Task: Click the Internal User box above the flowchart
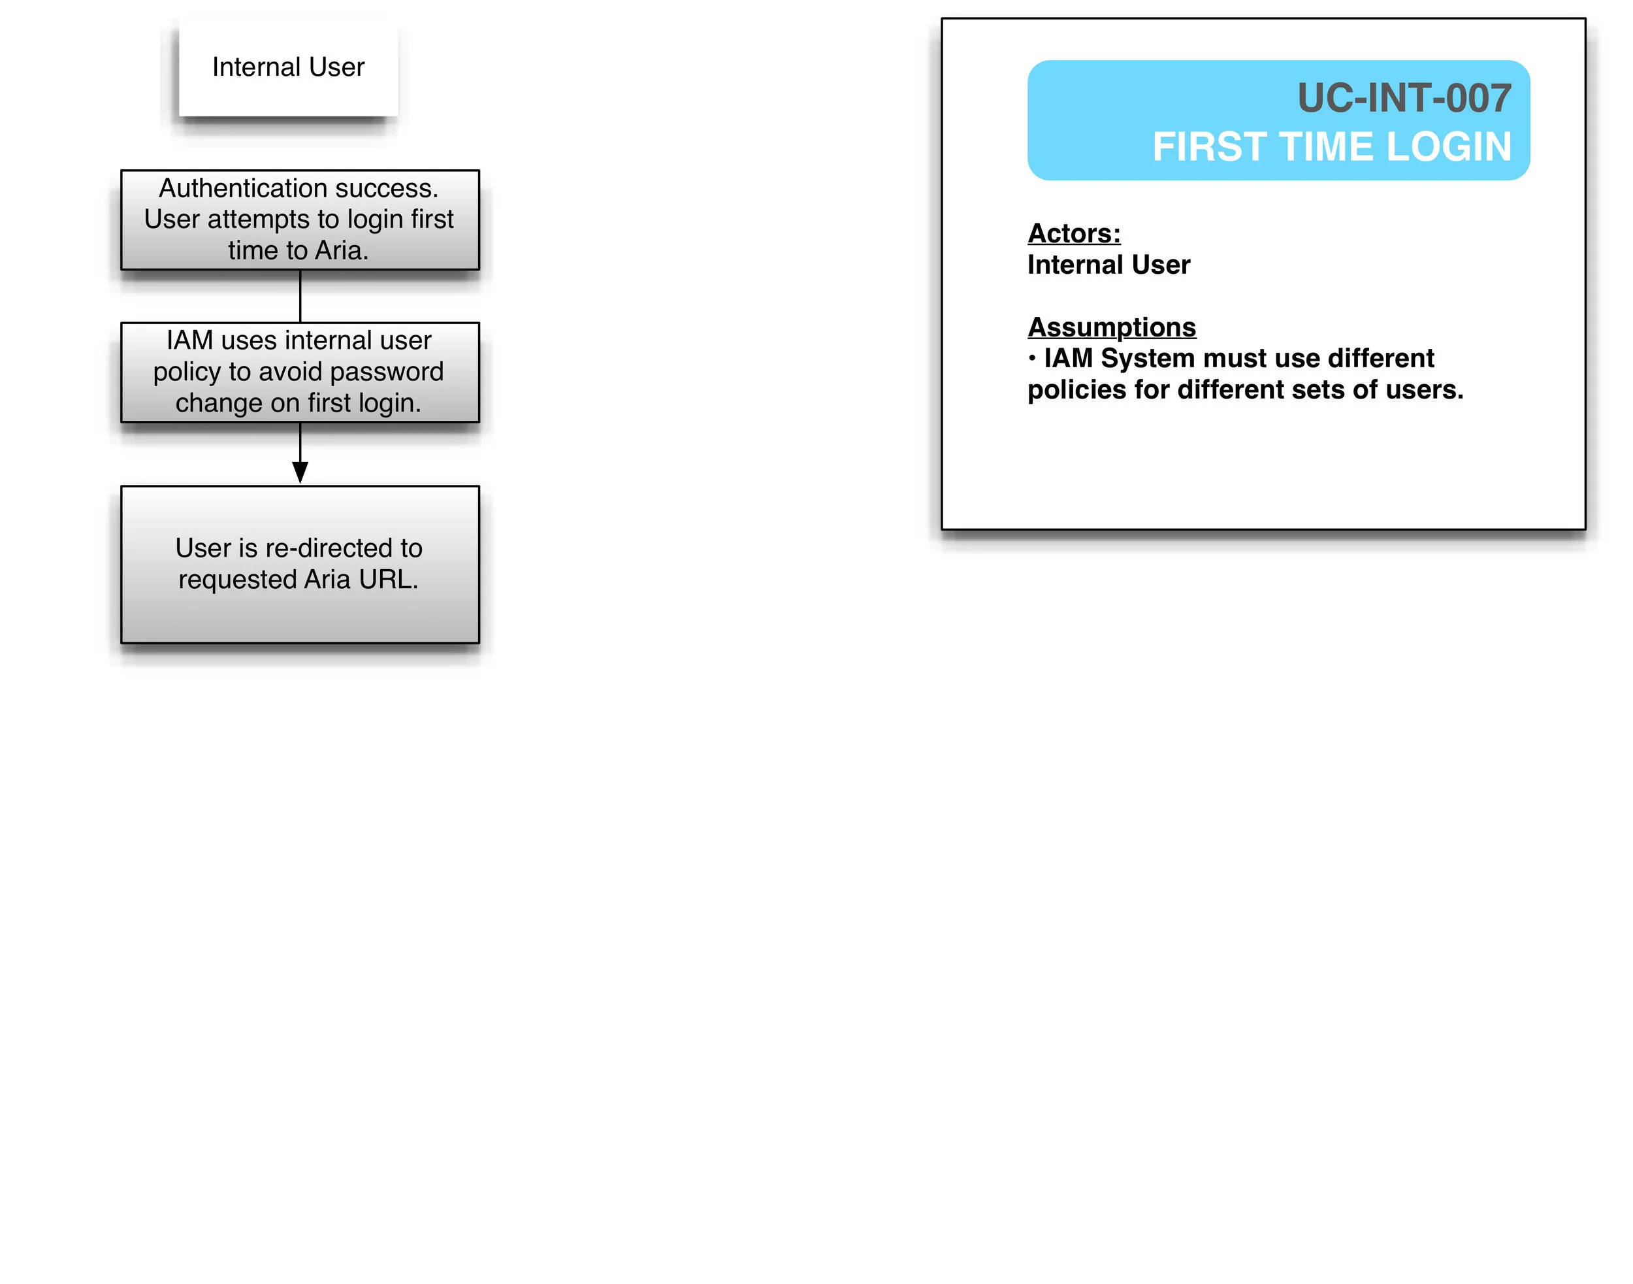click(288, 67)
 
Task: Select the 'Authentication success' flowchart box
click(300, 220)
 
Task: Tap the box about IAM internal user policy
click(300, 372)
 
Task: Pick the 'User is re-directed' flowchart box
click(300, 564)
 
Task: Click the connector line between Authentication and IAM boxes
click(300, 296)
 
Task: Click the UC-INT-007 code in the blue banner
click(1404, 99)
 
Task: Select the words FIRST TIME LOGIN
click(1332, 146)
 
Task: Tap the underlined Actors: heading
click(1074, 234)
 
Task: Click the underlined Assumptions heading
click(1112, 328)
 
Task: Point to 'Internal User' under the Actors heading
click(1108, 265)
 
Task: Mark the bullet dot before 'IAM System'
click(1033, 359)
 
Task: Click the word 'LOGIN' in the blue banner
click(1449, 146)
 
